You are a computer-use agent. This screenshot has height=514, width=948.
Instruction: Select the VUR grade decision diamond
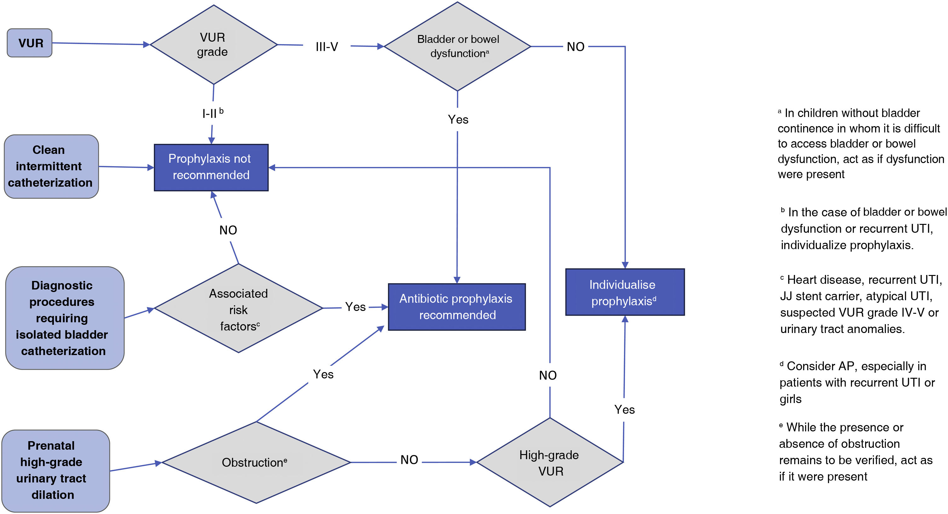click(213, 44)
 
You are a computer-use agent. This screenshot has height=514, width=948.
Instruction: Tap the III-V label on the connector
click(327, 47)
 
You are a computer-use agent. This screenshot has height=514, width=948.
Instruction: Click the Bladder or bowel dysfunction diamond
click(457, 46)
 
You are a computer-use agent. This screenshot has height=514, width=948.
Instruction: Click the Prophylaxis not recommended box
click(211, 167)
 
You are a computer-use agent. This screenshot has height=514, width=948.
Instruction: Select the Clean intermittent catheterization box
click(51, 166)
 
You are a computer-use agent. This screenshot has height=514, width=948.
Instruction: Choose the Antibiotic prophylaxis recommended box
click(456, 307)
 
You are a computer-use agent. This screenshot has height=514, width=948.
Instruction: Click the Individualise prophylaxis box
click(625, 292)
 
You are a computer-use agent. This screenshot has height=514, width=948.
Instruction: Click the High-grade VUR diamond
click(549, 463)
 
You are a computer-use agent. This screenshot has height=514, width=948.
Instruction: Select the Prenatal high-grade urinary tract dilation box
click(55, 470)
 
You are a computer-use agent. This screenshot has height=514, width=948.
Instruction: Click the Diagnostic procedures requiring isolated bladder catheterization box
click(64, 318)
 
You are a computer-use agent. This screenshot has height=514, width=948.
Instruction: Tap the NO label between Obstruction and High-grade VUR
click(409, 460)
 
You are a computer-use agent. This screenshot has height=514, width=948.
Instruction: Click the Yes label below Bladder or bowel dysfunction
click(458, 120)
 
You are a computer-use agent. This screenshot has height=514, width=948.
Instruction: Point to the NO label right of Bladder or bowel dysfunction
click(575, 47)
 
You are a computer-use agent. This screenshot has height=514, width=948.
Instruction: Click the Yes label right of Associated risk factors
click(355, 307)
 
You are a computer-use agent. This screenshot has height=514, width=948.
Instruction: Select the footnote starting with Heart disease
click(860, 304)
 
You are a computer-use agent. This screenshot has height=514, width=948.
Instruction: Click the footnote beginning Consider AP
click(857, 382)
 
